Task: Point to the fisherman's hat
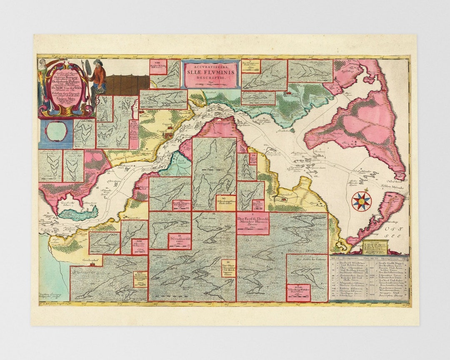point(97,62)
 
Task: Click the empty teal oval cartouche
point(56,131)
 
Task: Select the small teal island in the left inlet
point(78,214)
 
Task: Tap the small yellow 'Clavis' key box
point(374,247)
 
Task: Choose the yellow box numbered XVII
point(140,279)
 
